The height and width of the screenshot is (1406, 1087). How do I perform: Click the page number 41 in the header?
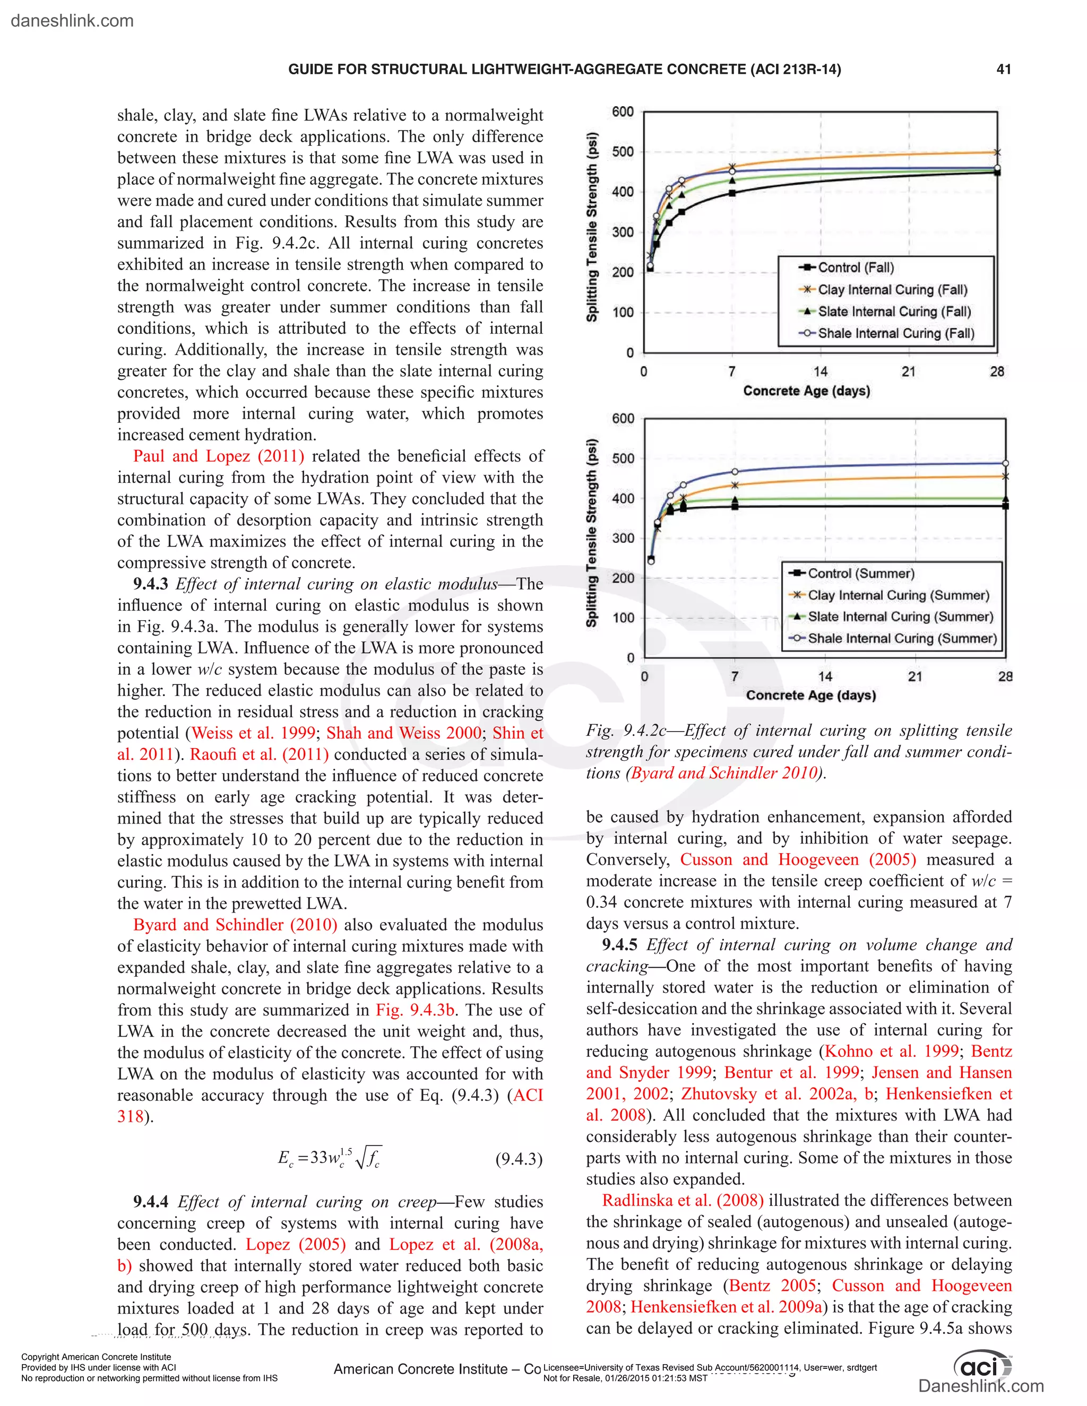(x=1003, y=70)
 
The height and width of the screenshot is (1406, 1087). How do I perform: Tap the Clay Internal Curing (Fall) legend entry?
(x=891, y=290)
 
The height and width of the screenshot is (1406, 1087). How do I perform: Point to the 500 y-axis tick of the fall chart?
(x=623, y=152)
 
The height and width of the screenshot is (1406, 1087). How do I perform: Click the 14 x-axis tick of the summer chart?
(x=825, y=676)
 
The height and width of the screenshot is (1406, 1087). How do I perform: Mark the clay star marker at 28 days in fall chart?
(x=997, y=153)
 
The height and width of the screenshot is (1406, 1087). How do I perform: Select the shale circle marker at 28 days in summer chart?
(x=1005, y=464)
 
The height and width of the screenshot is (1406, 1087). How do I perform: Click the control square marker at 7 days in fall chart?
(x=732, y=193)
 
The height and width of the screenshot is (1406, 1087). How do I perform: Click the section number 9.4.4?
(x=150, y=1202)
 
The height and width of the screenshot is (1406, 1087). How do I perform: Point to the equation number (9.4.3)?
(x=519, y=1159)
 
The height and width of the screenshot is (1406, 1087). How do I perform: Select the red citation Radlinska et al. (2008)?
(x=683, y=1201)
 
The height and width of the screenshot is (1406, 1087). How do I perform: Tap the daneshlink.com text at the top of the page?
(x=72, y=21)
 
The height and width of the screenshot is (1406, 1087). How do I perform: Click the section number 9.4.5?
(x=619, y=945)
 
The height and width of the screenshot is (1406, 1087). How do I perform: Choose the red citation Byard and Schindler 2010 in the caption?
(x=724, y=773)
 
